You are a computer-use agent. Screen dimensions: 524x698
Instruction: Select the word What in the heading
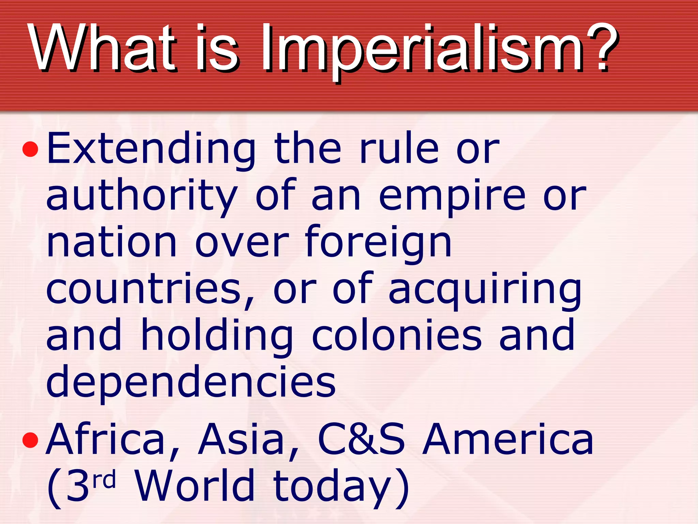click(x=102, y=48)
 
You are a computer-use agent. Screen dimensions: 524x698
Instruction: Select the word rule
click(x=399, y=148)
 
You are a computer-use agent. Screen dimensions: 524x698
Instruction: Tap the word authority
click(x=141, y=196)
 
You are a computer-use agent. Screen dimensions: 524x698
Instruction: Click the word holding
click(x=217, y=336)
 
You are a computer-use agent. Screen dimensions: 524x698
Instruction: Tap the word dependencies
click(x=191, y=382)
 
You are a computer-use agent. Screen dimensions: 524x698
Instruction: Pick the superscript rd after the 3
click(x=104, y=479)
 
